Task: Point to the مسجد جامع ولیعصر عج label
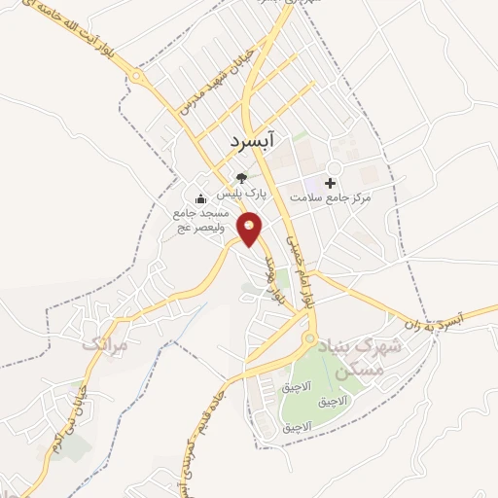tap(200, 219)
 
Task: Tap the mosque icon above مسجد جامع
tap(201, 201)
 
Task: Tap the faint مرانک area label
tap(104, 344)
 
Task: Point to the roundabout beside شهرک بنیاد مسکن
tap(309, 341)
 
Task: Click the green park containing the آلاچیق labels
tap(321, 384)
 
